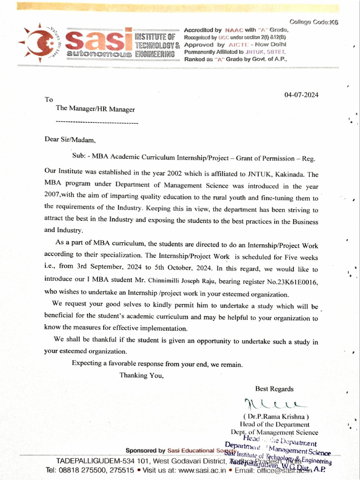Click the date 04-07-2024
(301, 95)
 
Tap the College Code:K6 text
(314, 22)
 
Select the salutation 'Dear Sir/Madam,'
(70, 140)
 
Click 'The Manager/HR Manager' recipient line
(95, 109)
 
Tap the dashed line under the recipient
(97, 122)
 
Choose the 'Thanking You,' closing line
(142, 375)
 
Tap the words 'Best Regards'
(274, 389)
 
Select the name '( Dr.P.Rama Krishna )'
(276, 417)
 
